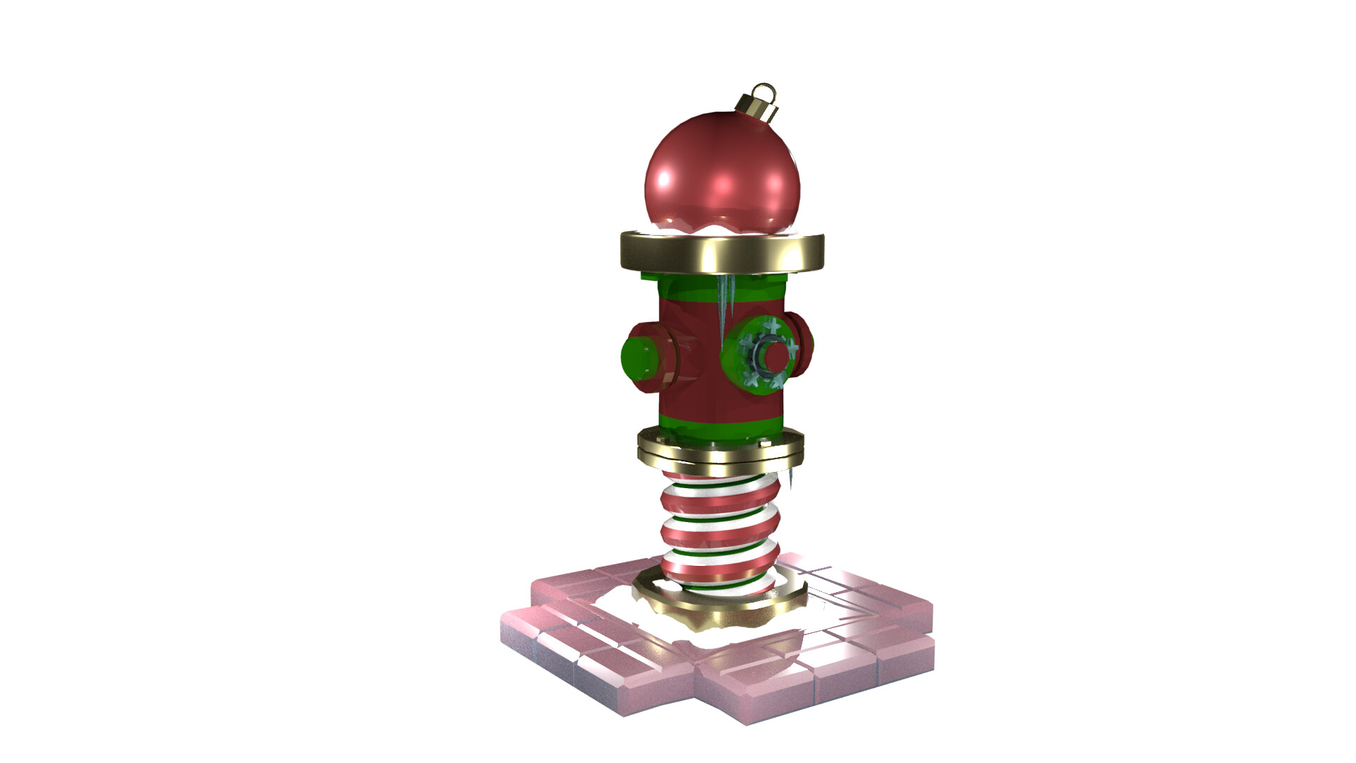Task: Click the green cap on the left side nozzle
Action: click(x=638, y=357)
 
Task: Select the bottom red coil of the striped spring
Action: click(x=720, y=565)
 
